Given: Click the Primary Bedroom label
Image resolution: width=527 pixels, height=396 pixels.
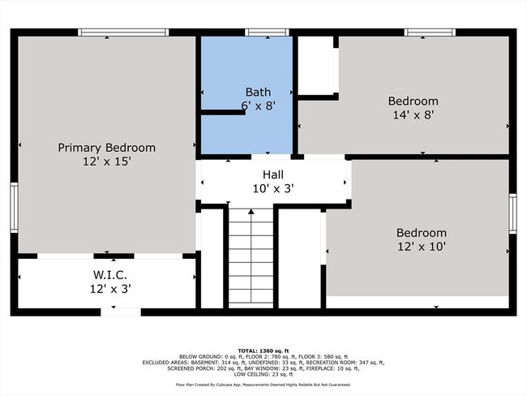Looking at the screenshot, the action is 106,148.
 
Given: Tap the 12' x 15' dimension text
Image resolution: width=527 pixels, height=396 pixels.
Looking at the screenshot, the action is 106,161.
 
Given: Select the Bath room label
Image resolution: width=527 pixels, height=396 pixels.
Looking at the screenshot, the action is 258,92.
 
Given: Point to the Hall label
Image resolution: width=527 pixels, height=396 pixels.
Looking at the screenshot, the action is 273,174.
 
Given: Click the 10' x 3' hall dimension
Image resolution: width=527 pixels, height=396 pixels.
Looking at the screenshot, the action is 273,189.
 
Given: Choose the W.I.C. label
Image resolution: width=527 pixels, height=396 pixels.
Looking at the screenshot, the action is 110,275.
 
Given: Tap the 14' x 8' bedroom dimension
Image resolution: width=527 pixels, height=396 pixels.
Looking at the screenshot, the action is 413,115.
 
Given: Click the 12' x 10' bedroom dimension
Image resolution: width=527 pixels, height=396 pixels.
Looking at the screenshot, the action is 422,247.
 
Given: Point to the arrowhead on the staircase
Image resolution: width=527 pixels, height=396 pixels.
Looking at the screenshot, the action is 251,211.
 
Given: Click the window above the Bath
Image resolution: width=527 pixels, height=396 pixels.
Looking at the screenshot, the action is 267,32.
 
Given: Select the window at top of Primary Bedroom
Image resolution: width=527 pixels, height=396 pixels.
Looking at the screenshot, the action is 123,32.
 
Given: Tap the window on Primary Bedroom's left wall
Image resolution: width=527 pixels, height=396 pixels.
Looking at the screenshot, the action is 14,207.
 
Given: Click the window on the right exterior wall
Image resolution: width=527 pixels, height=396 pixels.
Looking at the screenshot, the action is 512,213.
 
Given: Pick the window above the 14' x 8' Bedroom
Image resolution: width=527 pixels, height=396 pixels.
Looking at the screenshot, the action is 430,32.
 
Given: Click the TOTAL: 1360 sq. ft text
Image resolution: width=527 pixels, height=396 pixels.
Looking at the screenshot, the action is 263,351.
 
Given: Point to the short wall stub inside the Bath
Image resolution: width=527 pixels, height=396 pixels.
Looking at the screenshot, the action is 223,112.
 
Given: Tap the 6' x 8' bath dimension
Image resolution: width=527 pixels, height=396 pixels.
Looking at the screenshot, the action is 258,105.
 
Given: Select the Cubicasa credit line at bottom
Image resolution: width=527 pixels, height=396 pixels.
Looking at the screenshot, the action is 263,385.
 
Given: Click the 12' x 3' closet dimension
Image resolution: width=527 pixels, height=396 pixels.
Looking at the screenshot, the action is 110,289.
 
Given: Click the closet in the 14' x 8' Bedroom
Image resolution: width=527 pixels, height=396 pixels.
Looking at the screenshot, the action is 316,66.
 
